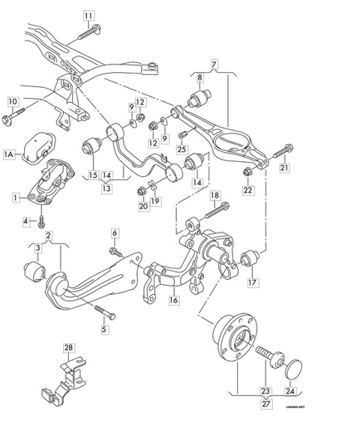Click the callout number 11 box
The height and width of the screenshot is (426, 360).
pos(88,16)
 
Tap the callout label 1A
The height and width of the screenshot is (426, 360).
pos(9,154)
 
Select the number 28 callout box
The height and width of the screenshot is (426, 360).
pos(69,347)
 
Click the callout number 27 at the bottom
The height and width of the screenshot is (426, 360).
pos(265,403)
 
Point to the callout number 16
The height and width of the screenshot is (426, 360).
pos(174,300)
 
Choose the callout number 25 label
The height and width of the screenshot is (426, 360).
pos(181,149)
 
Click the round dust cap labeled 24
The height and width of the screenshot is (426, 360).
pos(293,369)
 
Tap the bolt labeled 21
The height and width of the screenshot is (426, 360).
pos(283,151)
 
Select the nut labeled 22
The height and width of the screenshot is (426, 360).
pos(247,172)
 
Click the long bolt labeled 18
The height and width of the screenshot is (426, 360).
pos(217,210)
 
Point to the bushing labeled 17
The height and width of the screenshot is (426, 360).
pos(250,258)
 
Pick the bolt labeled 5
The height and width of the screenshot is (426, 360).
pos(105,313)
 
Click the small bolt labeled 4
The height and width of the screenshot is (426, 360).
pos(41,222)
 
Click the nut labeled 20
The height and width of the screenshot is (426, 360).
pos(141,190)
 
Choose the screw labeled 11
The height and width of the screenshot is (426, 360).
pos(88,31)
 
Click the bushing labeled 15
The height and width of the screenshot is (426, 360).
pos(91,146)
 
